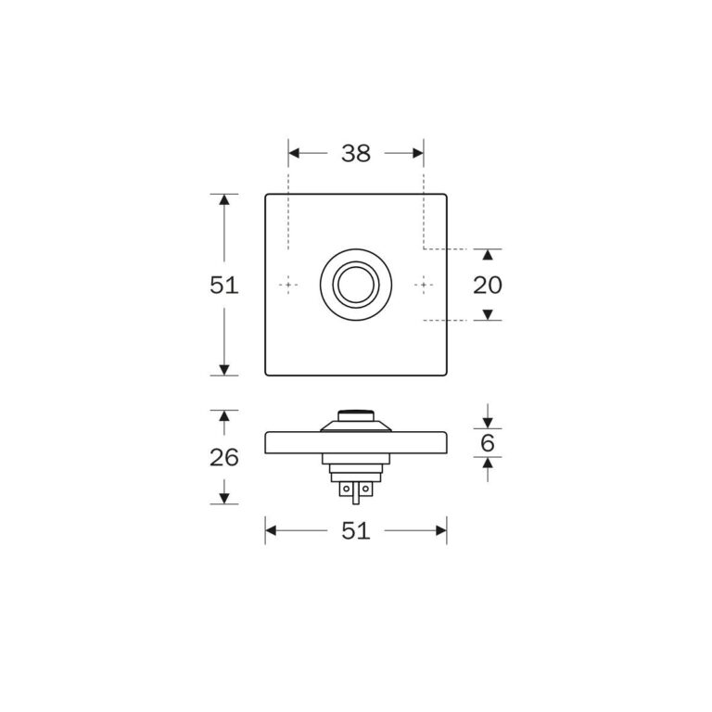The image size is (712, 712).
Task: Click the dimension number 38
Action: click(356, 154)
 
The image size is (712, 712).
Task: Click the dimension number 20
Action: click(488, 286)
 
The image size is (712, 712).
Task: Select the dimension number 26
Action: click(223, 457)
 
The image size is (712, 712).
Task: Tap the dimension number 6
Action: click(488, 443)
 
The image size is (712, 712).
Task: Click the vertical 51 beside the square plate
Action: click(223, 286)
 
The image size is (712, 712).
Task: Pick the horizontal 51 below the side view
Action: click(356, 530)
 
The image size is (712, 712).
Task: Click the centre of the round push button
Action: click(356, 285)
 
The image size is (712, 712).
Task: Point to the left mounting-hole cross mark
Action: click(288, 285)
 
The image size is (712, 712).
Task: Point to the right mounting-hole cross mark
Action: click(424, 285)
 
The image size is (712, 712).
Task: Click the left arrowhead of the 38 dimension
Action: click(294, 154)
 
